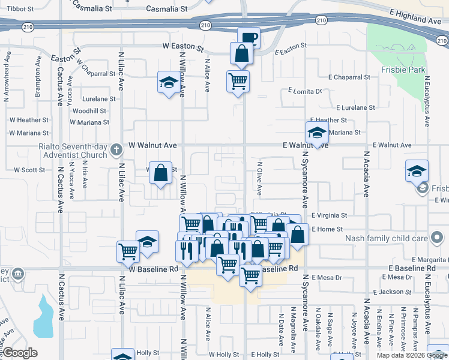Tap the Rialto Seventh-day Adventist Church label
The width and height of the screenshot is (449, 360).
click(x=71, y=150)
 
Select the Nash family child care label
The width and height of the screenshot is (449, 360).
click(x=387, y=238)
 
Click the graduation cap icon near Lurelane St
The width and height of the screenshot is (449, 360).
click(x=169, y=82)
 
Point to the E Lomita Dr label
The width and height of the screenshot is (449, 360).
click(x=305, y=91)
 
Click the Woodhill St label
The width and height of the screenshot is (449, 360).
click(x=89, y=111)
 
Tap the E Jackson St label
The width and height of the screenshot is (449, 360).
click(x=391, y=292)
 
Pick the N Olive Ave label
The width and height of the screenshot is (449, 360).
click(x=260, y=178)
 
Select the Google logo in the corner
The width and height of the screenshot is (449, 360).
click(x=20, y=353)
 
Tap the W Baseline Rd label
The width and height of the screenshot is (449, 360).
click(x=153, y=269)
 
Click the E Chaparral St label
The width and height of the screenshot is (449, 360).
click(x=349, y=77)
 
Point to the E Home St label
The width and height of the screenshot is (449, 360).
click(x=327, y=229)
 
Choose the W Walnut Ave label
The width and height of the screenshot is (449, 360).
click(x=153, y=145)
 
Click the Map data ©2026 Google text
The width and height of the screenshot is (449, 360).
click(x=411, y=355)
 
